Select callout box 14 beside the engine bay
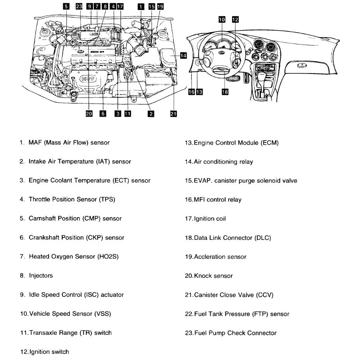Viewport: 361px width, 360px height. [x=183, y=55]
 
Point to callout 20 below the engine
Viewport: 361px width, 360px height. [x=89, y=114]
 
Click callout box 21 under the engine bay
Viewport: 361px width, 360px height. [x=173, y=114]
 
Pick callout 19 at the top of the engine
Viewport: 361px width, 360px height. [x=160, y=6]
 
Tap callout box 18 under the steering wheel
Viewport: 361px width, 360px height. [x=225, y=92]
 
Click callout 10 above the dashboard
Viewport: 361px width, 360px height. [x=222, y=19]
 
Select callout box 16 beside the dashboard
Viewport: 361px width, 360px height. [x=191, y=92]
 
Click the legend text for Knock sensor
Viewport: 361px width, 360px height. [x=213, y=276]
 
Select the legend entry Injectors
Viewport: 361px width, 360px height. [x=40, y=276]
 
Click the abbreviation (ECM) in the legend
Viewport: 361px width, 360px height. [x=270, y=143]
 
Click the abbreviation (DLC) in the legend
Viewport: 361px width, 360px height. [x=262, y=238]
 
